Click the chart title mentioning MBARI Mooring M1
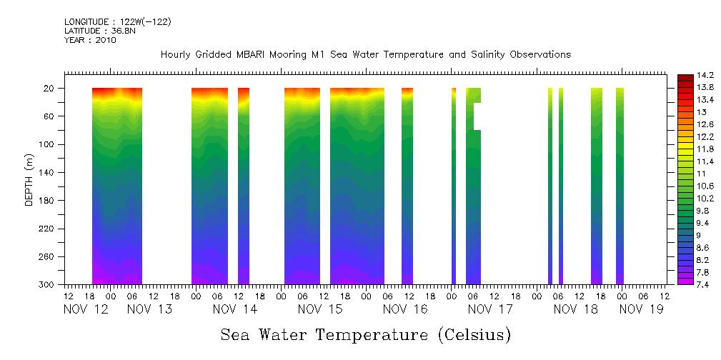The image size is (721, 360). (365, 55)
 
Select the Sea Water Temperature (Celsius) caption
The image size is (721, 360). (365, 334)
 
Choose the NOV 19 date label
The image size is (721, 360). (642, 309)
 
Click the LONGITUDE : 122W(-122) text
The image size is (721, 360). (117, 22)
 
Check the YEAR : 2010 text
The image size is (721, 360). (90, 40)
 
